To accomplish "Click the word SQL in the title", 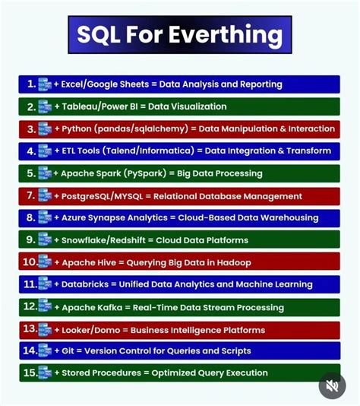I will (102, 35).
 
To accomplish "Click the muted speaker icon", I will (332, 385).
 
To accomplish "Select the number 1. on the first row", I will (30, 84).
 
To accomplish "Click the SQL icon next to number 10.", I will (45, 262).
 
